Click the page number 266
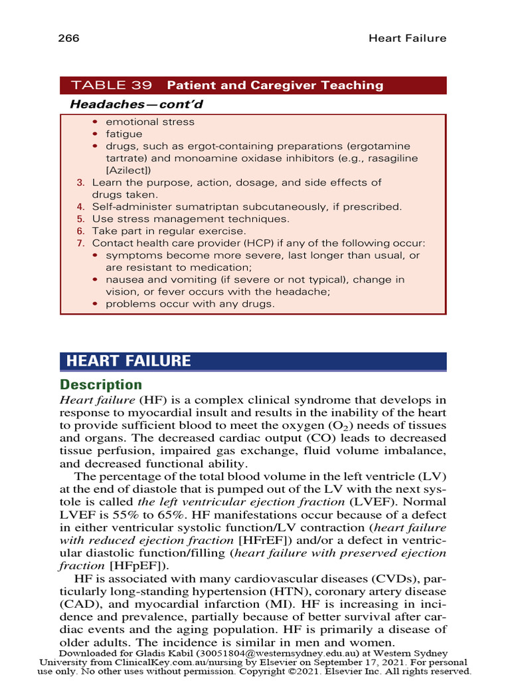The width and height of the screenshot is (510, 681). click(69, 38)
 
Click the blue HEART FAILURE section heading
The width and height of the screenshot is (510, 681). click(128, 361)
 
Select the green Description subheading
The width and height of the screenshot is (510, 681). click(101, 385)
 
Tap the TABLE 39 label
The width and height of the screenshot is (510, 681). click(112, 85)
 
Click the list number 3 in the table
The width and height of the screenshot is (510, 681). click(80, 182)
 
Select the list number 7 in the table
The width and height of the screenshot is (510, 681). click(80, 243)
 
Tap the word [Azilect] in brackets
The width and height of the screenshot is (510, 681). click(127, 170)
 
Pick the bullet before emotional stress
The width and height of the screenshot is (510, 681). click(96, 122)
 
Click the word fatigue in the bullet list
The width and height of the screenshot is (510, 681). click(124, 134)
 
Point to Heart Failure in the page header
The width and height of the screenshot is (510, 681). click(407, 38)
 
